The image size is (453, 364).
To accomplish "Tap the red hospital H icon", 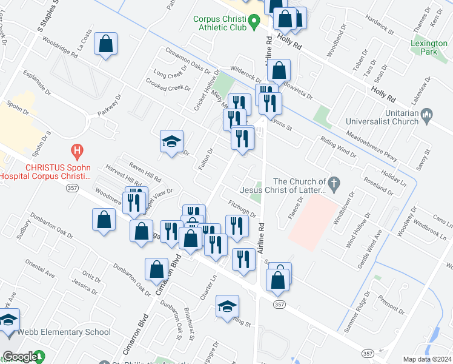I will [77, 149].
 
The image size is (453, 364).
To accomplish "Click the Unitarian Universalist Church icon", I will [426, 114].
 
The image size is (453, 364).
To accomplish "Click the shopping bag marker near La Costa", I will [105, 44].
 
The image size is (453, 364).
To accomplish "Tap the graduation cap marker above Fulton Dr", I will [171, 143].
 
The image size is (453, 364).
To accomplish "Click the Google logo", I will [20, 357].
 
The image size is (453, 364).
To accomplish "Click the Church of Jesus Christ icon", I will [332, 181].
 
